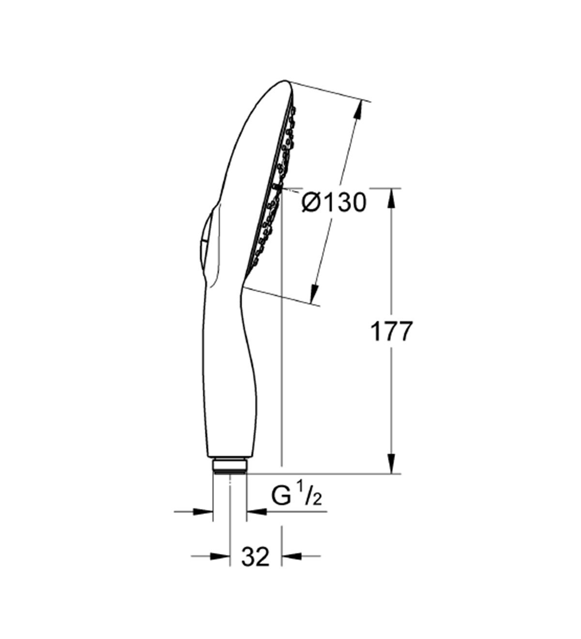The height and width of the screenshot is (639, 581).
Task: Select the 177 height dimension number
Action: tap(391, 332)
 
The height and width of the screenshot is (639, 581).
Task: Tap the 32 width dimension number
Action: tap(255, 557)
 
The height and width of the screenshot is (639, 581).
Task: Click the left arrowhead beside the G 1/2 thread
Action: tap(203, 511)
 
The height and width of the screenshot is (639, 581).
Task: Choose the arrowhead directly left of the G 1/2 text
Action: tap(257, 511)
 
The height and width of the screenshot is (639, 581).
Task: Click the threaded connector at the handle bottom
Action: tap(230, 466)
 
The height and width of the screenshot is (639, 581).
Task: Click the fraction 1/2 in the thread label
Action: tap(313, 497)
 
